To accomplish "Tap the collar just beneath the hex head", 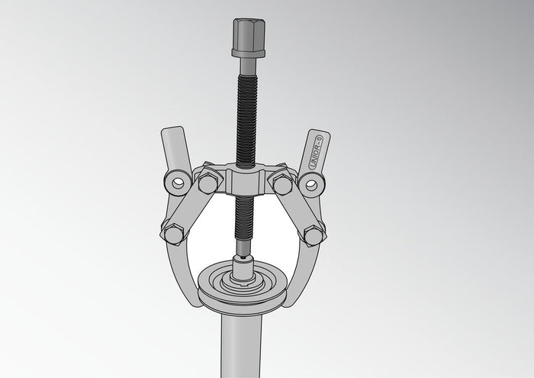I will tap(248, 53).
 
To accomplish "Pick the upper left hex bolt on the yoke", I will tap(207, 183).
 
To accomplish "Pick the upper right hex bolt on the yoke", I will tap(282, 183).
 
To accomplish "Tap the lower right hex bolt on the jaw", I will tap(312, 234).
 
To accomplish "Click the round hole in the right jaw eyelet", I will tap(311, 183).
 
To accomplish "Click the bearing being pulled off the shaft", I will tap(244, 286).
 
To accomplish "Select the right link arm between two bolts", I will tap(298, 208).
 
